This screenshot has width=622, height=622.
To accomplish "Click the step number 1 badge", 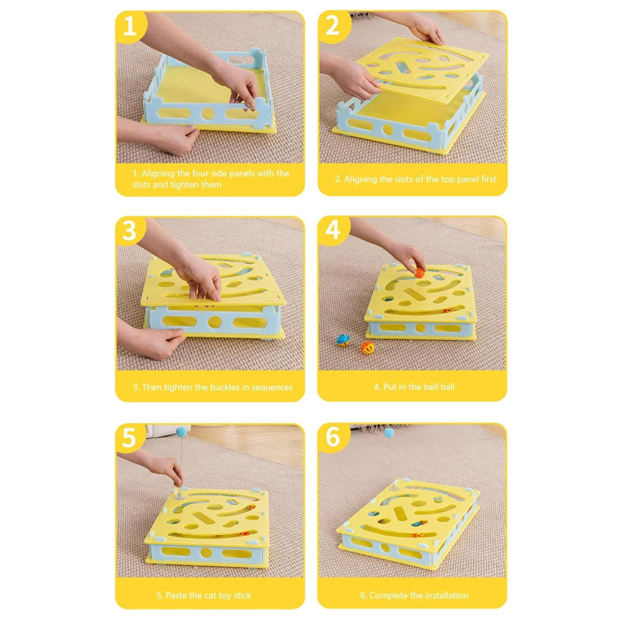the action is point(130,26).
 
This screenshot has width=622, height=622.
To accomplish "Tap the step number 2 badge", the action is point(334,26).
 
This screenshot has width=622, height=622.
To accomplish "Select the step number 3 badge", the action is point(130,231).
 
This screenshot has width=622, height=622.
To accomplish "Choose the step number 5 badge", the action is point(129,438).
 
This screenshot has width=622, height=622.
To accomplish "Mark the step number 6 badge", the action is point(334,437).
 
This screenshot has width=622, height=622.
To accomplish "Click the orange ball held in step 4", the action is point(419,273).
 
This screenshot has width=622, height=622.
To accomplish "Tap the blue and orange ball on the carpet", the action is point(343,340).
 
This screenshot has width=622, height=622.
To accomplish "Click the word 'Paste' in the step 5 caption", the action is point(176,596).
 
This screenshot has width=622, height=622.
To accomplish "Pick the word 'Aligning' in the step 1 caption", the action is point(158,173).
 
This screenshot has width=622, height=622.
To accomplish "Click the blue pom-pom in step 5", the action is point(182,431).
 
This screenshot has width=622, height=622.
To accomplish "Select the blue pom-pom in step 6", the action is point(389,432).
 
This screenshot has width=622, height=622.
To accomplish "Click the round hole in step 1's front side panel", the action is point(208,114).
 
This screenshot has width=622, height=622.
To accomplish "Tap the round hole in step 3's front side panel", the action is point(214,322).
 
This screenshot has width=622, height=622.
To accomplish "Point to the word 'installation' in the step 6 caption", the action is point(447,596).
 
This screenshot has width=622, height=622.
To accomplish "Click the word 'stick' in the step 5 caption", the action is point(242,596).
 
